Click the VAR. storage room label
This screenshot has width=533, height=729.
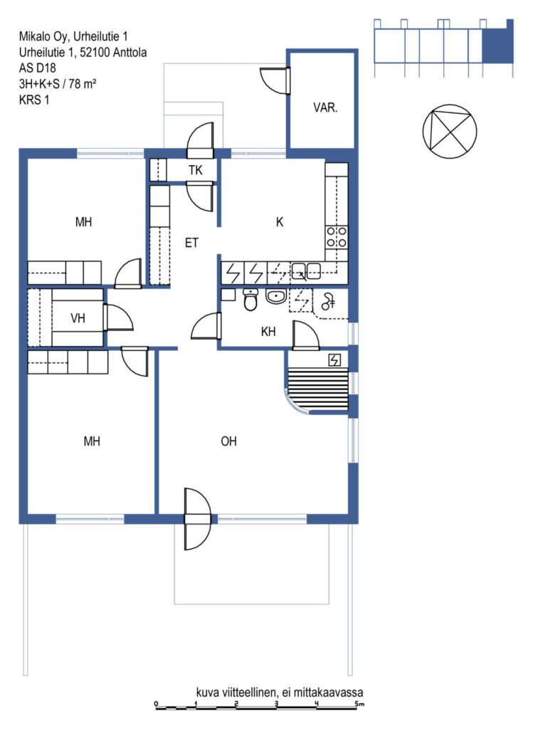click(325, 108)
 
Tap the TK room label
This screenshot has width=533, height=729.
click(196, 170)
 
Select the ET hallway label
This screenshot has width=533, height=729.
click(191, 243)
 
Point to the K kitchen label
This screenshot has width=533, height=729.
click(280, 222)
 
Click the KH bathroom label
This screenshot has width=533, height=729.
click(268, 332)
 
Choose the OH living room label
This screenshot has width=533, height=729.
click(228, 441)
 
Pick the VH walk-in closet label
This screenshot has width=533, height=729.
click(78, 318)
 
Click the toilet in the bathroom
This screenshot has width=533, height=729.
click(250, 299)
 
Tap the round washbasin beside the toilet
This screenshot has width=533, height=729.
click(277, 296)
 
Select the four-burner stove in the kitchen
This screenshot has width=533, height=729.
click(337, 237)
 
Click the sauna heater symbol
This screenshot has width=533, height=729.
click(334, 360)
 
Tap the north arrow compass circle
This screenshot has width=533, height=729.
click(450, 131)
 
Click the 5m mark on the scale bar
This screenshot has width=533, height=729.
click(360, 703)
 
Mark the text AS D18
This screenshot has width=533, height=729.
click(37, 68)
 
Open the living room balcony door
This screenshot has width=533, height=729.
click(198, 519)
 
